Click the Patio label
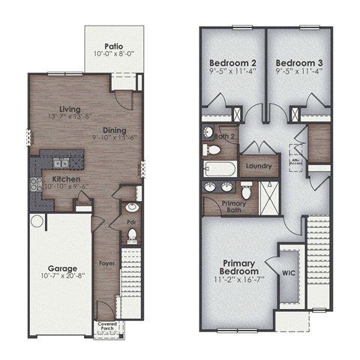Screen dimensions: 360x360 (114, 45)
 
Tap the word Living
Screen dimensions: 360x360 (70, 109)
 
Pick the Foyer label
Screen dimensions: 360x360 (107, 263)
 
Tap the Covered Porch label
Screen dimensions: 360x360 (107, 326)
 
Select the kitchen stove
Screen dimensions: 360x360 (34, 183)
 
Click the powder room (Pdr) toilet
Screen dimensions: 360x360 (131, 235)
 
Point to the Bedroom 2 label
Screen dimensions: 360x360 (232, 62)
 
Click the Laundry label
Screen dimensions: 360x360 (258, 166)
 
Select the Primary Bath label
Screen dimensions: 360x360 (222, 206)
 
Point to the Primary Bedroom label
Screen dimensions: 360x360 (240, 267)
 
